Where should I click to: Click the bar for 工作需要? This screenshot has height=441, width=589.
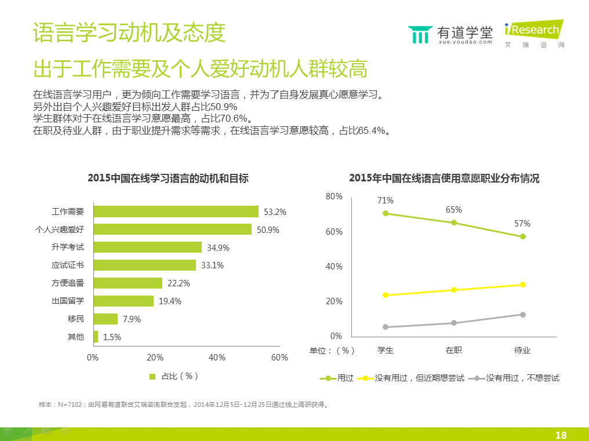(175, 212)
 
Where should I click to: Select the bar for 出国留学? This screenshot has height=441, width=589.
(123, 301)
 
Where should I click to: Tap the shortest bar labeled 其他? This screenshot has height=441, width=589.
(96, 337)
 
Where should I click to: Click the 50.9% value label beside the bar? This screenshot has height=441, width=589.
(268, 230)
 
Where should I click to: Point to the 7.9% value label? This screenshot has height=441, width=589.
(132, 319)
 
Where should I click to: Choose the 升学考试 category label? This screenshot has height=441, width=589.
(68, 247)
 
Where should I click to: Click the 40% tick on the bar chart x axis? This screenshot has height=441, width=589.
(217, 358)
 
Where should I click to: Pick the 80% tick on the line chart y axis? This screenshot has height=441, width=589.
(334, 197)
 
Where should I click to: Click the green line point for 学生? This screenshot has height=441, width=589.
(386, 213)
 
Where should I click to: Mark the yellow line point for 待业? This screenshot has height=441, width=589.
(523, 285)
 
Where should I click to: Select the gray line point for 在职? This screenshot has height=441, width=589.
(454, 323)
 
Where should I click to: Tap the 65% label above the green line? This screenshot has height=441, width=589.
(454, 210)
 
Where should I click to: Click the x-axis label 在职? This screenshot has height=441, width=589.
(454, 350)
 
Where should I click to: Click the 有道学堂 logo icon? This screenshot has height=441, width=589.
(419, 34)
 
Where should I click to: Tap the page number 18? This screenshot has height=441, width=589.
(561, 435)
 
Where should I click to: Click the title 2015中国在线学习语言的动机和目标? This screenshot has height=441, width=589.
(168, 178)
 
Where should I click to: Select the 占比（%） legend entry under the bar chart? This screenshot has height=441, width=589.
(174, 376)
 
